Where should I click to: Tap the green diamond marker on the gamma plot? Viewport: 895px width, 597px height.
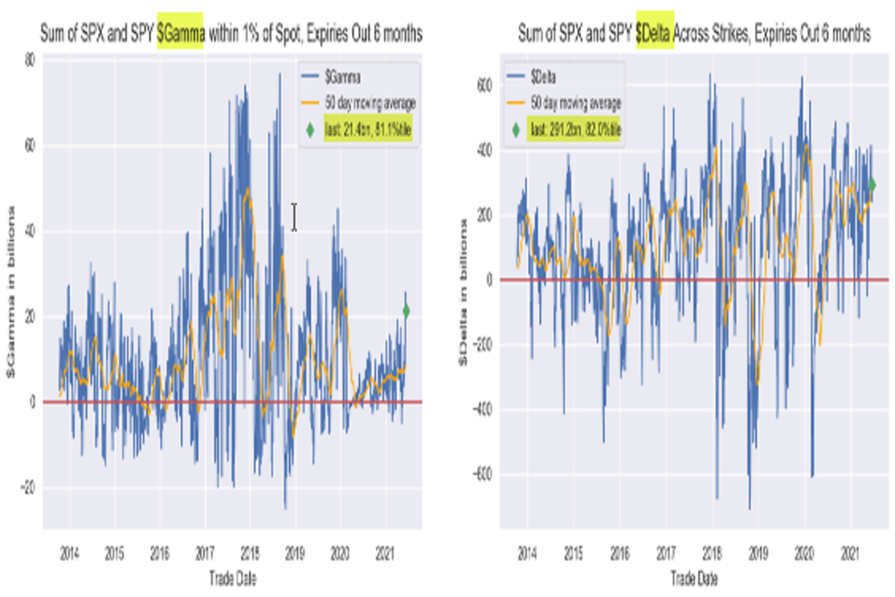tap(406, 310)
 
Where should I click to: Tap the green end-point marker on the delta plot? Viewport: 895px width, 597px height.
tap(872, 185)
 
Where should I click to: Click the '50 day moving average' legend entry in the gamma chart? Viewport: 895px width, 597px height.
tap(368, 102)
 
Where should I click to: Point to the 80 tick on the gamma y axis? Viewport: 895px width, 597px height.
tap(30, 60)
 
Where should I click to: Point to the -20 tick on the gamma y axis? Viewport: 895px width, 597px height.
tap(28, 488)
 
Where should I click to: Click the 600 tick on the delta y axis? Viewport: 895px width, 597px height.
tap(484, 86)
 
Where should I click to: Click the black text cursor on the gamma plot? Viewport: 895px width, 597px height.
tap(295, 217)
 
